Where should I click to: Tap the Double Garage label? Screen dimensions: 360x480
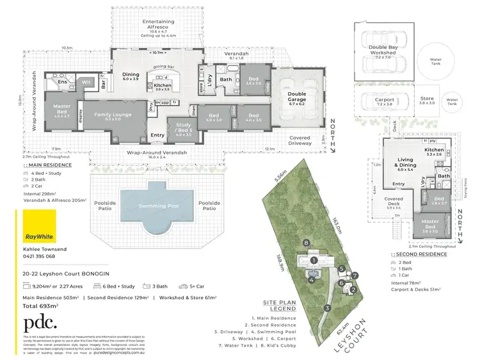point(300,98)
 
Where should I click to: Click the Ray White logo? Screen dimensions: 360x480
point(38,235)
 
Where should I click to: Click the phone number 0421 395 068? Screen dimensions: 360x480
point(39,256)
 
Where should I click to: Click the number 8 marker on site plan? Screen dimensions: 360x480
point(307,243)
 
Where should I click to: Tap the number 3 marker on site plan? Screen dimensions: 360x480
point(326,308)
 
